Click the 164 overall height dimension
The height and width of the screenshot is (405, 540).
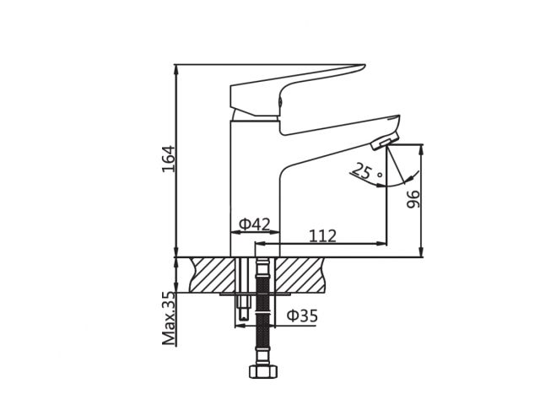[168, 159]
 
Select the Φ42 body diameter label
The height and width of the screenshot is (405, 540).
[254, 224]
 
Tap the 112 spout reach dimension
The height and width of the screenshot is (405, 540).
[322, 235]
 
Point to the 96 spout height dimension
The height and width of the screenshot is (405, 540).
[413, 198]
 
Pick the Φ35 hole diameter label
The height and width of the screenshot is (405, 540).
[302, 316]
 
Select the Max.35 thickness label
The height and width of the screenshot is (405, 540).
[169, 318]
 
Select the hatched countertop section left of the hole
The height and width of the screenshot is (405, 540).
[213, 274]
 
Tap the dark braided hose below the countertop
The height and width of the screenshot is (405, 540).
[262, 321]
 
